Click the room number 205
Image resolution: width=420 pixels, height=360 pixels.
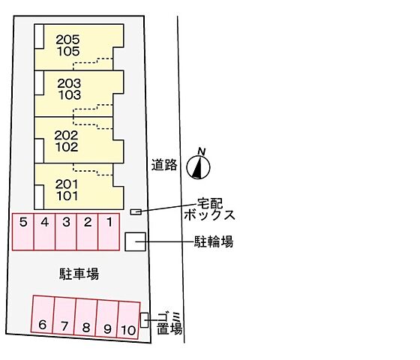coord(67,40)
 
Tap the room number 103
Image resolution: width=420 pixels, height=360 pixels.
coord(70,95)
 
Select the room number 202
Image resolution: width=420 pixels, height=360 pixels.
coord(66,135)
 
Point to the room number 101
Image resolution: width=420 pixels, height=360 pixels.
coord(67,196)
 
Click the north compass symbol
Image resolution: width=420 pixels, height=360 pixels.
coord(198,167)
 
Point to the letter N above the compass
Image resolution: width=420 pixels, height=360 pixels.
coord(202,151)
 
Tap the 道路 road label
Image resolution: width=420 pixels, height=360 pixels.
coord(164,165)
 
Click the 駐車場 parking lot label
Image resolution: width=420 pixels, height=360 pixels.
coord(79,274)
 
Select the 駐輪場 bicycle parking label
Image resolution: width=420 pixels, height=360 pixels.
coord(214,241)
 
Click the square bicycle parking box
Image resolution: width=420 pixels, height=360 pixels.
coord(135,241)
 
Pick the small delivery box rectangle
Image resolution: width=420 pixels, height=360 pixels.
coord(136,211)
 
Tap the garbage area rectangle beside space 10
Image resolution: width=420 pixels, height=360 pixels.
coord(144,319)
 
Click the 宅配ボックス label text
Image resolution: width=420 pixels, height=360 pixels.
coord(210,209)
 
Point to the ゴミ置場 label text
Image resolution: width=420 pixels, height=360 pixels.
coord(169,323)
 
